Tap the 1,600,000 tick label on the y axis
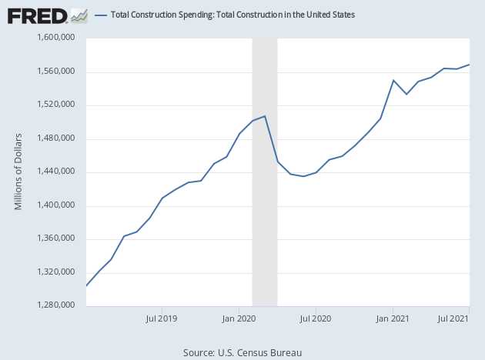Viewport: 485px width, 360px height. pyautogui.click(x=55, y=38)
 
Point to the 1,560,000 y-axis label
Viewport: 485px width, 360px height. pyautogui.click(x=55, y=72)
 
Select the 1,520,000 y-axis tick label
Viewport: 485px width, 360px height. pyautogui.click(x=55, y=105)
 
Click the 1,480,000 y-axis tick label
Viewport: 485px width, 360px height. pyautogui.click(x=55, y=138)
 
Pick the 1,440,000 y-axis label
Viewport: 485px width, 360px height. pyautogui.click(x=55, y=172)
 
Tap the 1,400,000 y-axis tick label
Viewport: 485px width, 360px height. pyautogui.click(x=55, y=205)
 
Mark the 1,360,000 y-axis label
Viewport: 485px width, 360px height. pyautogui.click(x=55, y=239)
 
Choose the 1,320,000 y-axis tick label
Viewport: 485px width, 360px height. pyautogui.click(x=55, y=272)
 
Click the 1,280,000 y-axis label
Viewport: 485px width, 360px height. pyautogui.click(x=55, y=306)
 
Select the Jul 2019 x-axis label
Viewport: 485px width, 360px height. pyautogui.click(x=162, y=317)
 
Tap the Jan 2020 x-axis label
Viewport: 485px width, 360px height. pyautogui.click(x=239, y=317)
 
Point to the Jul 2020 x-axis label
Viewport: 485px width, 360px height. pyautogui.click(x=316, y=317)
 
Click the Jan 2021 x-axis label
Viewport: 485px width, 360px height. pyautogui.click(x=393, y=317)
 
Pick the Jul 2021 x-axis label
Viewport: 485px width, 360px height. pyautogui.click(x=454, y=317)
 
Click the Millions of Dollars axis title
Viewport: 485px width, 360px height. pyautogui.click(x=19, y=172)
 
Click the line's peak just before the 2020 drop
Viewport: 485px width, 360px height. pyautogui.click(x=265, y=116)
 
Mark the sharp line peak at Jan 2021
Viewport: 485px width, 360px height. pyautogui.click(x=393, y=80)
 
